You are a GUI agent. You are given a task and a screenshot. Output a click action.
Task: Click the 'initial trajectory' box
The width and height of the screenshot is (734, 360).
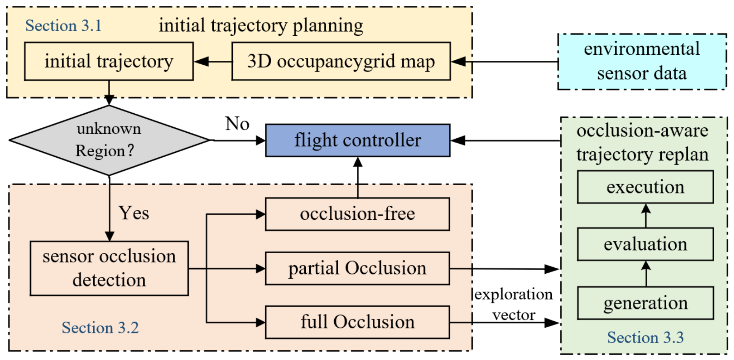109,61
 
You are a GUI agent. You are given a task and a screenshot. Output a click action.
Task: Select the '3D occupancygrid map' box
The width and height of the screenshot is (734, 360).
341,61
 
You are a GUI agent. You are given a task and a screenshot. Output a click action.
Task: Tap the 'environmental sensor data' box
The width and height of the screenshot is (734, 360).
642,62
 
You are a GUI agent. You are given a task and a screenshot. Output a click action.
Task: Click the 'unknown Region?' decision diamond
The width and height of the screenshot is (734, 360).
109,140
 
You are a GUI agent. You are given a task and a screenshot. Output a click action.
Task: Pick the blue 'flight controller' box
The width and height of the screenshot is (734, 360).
357,140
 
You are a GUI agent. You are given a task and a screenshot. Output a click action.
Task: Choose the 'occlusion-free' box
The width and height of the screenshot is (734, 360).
357,214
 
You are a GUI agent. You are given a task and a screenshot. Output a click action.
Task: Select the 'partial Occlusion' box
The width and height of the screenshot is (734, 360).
357,268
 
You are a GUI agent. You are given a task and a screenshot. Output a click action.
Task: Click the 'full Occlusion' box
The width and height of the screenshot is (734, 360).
357,322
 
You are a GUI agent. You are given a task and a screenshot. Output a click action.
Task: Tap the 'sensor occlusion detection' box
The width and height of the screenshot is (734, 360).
109,268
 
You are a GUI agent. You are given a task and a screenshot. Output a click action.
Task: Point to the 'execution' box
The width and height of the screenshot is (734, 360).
645,187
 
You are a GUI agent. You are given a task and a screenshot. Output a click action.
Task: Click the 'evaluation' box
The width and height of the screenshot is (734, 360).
645,244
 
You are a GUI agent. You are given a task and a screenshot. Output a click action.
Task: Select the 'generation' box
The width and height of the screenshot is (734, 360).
645,303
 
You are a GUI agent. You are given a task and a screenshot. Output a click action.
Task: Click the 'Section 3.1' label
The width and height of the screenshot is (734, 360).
64,26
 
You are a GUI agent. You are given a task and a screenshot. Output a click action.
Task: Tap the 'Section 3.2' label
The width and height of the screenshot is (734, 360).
100,328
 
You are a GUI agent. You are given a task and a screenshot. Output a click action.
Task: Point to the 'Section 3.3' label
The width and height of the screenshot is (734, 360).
645,338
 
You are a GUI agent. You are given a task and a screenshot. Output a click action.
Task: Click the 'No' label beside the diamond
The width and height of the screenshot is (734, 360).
237,124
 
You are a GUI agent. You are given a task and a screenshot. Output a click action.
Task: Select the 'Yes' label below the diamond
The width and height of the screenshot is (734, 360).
134,213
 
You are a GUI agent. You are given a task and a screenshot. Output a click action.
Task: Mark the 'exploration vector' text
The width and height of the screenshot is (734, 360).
514,304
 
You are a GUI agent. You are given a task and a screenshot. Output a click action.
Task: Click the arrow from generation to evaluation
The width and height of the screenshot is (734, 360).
646,274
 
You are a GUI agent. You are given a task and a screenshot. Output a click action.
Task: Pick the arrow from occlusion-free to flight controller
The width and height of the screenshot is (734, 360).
358,177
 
